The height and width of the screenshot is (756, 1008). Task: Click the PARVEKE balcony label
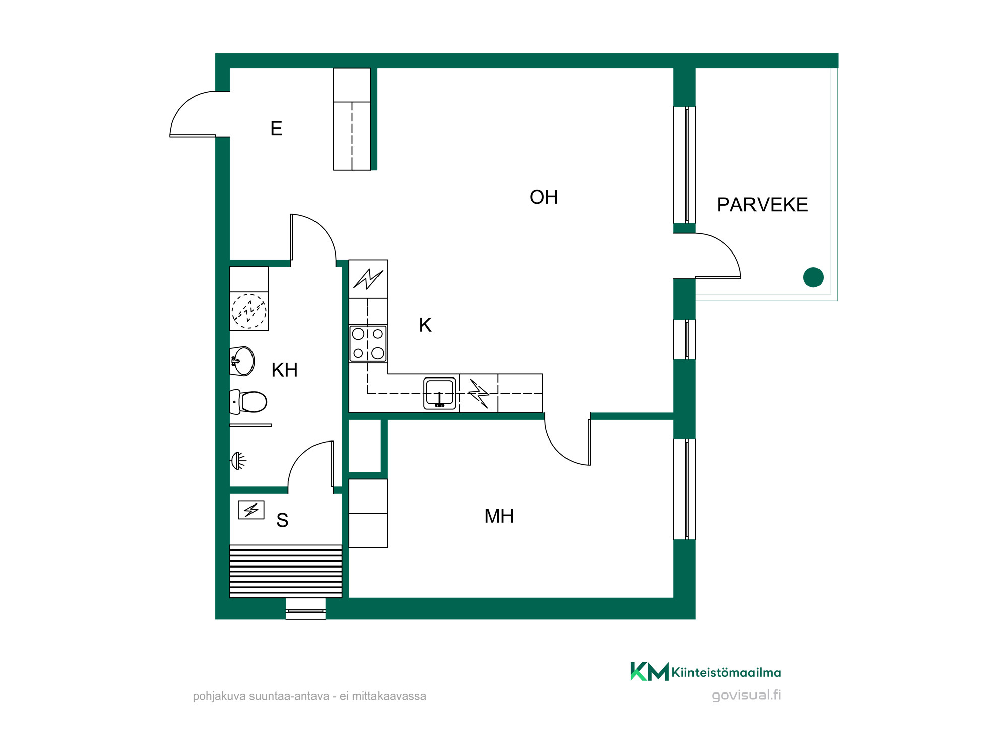pos(762,205)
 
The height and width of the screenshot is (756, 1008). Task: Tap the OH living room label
pos(544,197)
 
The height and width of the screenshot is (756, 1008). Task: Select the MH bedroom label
pos(499,516)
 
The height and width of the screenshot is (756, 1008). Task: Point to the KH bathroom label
pos(284,370)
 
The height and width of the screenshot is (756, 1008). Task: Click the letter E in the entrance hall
pos(276,129)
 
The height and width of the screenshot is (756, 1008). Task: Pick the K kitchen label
pos(425,325)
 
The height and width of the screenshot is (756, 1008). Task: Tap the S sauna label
pos(282,520)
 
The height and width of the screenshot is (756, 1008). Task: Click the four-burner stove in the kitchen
pos(368,343)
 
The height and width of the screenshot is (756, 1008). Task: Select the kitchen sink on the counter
pos(439,393)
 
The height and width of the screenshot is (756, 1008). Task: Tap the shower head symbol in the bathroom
pos(238,461)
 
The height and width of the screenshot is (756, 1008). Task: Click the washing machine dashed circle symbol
pos(249,311)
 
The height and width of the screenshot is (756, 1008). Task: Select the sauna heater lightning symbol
pos(251,510)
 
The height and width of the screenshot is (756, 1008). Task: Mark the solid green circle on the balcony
pos(813,277)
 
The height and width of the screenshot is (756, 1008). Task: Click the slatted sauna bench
pos(286,571)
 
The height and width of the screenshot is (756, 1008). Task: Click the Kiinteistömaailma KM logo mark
pos(650,671)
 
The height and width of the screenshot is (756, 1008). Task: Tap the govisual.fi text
pos(746,696)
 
